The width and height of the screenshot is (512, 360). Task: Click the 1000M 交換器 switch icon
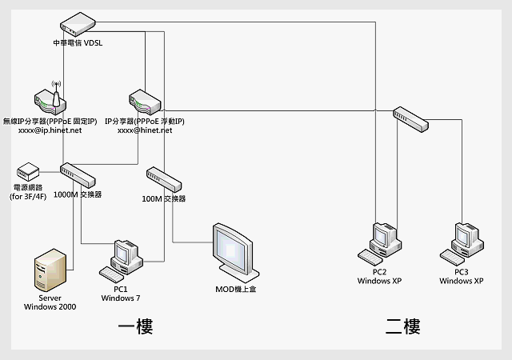pos(78,175)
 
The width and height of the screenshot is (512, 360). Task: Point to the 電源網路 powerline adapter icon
pos(28,171)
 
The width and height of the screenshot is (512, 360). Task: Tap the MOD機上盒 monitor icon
pos(235,249)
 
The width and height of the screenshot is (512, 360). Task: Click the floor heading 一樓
pos(134,326)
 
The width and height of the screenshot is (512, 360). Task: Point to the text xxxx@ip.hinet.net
pos(50,130)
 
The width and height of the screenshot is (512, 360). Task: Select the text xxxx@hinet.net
pos(145,130)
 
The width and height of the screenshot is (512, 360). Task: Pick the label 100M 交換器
pos(163,198)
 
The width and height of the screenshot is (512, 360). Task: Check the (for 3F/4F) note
pos(28,196)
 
